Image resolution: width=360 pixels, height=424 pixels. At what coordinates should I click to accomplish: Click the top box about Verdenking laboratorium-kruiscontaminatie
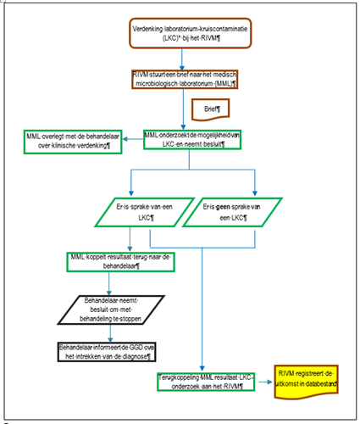[x=191, y=33]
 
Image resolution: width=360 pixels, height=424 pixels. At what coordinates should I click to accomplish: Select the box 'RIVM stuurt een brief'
[x=185, y=80]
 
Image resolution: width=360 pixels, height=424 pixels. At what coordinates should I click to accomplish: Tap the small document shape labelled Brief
[x=211, y=109]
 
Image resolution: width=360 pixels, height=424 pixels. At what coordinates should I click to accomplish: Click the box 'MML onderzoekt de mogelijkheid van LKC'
[x=192, y=140]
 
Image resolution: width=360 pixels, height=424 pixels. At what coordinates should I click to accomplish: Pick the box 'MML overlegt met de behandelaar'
[x=73, y=142]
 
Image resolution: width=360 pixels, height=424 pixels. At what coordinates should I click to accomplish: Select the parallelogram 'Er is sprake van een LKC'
[x=145, y=212]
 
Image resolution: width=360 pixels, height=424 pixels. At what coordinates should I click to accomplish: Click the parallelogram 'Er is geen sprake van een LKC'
[x=232, y=212]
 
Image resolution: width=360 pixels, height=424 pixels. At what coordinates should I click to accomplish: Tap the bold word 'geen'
[x=223, y=207]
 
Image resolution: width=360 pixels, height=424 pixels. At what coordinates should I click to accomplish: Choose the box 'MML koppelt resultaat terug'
[x=120, y=262]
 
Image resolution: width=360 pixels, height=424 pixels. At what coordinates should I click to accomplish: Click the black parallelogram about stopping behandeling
[x=111, y=310]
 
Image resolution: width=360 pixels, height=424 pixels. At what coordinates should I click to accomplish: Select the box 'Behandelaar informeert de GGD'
[x=107, y=352]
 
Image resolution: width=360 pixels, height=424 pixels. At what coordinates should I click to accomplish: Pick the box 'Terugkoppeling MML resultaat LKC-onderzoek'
[x=206, y=382]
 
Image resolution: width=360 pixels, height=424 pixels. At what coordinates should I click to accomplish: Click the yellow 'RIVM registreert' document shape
[x=306, y=381]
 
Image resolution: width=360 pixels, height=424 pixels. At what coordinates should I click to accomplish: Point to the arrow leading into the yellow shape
[x=265, y=382]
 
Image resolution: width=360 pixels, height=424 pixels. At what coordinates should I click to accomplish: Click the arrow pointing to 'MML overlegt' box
[x=133, y=139]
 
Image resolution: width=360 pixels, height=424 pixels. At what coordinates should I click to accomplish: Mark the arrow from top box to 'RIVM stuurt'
[x=182, y=59]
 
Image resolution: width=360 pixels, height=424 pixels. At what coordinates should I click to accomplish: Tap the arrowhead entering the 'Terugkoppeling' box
[x=202, y=369]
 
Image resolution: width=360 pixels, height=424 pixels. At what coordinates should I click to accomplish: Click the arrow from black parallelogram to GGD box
[x=110, y=333]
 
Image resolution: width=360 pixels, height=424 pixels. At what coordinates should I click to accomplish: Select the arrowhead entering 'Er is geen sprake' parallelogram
[x=255, y=193]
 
